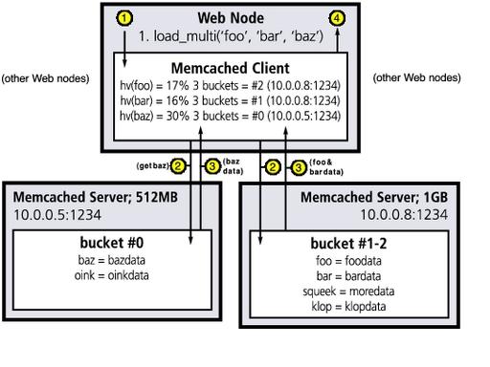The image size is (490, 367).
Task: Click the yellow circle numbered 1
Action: [123, 18]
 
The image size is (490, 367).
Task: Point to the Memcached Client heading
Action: [244, 69]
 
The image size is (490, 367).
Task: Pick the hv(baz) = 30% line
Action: [244, 116]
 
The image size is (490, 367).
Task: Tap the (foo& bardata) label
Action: [326, 165]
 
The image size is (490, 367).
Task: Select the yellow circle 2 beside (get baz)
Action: [178, 166]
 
